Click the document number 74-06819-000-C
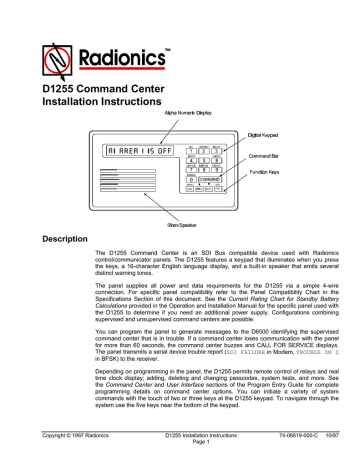[x=279, y=432]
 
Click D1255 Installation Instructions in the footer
[x=180, y=432]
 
